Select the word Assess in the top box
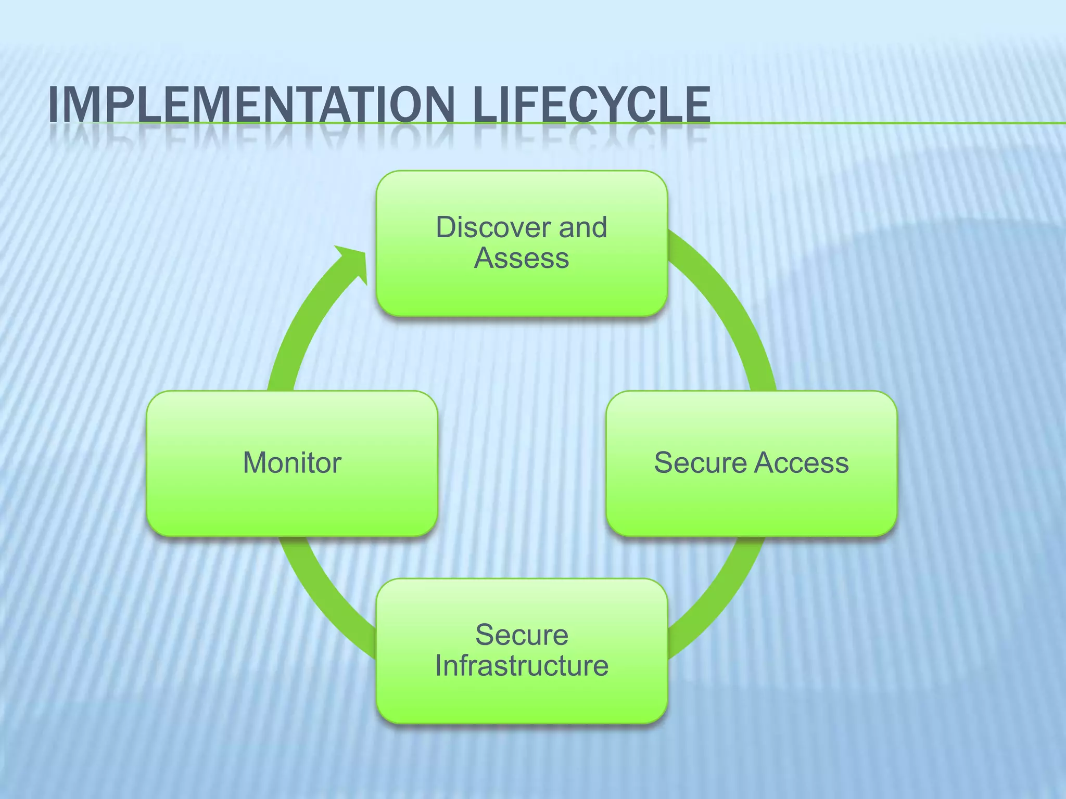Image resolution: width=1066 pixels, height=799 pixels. tap(522, 258)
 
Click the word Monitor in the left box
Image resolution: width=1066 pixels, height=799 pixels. tap(292, 462)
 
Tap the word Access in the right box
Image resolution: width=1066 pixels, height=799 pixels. tap(802, 462)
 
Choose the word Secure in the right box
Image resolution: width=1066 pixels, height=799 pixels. tap(700, 462)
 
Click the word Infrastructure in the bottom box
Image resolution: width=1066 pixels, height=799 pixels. tap(522, 665)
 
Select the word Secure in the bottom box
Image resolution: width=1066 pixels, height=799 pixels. tap(522, 635)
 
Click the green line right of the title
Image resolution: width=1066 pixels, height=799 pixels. tap(885, 123)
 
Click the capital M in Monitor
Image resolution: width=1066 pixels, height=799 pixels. tap(255, 462)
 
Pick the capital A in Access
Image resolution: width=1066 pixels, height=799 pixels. tap(767, 462)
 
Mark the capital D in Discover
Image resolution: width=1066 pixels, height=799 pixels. tap(446, 227)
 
